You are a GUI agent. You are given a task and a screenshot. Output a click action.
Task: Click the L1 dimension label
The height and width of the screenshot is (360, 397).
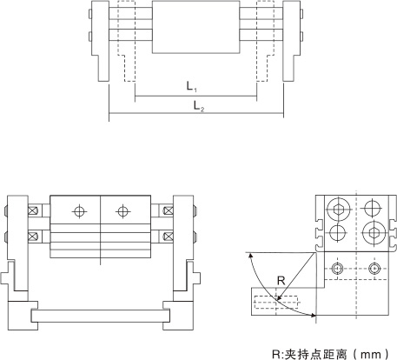[191, 86]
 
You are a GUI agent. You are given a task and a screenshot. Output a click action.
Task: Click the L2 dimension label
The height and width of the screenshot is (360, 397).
[199, 106]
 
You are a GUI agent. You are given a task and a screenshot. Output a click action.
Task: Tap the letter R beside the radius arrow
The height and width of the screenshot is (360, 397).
[281, 281]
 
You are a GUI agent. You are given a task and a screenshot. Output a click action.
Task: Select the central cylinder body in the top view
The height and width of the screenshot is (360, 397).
[196, 27]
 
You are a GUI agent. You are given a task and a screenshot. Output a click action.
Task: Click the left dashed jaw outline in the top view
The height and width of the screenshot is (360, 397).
[127, 41]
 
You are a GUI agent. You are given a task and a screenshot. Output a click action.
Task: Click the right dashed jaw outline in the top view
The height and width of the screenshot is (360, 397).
[265, 41]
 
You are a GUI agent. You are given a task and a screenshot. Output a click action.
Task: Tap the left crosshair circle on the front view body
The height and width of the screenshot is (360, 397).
[79, 211]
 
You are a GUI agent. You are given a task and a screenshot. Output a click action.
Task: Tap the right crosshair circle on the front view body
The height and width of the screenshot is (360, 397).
[122, 211]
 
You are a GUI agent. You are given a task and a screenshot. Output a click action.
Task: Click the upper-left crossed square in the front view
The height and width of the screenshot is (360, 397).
[33, 210]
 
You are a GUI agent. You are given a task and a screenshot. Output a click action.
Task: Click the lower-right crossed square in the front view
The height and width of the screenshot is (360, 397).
[169, 236]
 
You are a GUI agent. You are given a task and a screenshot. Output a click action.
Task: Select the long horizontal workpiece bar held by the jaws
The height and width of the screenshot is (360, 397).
[101, 316]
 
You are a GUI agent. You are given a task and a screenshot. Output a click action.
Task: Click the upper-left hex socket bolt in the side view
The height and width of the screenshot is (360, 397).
[338, 209]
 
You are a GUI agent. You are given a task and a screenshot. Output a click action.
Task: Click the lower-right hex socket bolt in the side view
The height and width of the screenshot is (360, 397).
[374, 232]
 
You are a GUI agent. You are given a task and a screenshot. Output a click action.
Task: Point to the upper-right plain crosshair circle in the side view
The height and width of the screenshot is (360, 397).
[373, 208]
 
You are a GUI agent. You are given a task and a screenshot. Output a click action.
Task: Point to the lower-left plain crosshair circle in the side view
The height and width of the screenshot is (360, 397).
[338, 233]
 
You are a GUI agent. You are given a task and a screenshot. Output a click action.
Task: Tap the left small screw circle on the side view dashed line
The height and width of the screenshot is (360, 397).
[337, 269]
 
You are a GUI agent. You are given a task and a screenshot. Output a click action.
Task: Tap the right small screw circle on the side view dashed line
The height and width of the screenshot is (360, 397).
[374, 269]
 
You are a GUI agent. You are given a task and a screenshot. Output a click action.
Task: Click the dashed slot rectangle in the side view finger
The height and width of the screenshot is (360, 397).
[276, 303]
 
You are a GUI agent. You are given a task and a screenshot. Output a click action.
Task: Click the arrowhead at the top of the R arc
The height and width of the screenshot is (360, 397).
[250, 255]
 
